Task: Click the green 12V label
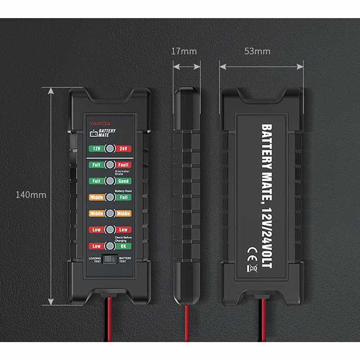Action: pyautogui.click(x=95, y=148)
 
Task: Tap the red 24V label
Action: pyautogui.click(x=123, y=148)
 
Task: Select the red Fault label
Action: pyautogui.click(x=123, y=165)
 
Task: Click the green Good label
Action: pyautogui.click(x=123, y=181)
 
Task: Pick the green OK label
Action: pyautogui.click(x=123, y=246)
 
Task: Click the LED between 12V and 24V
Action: pyautogui.click(x=109, y=148)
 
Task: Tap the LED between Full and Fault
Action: pyautogui.click(x=109, y=165)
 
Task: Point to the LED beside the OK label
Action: pyautogui.click(x=109, y=246)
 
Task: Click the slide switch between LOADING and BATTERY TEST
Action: pyautogui.click(x=109, y=259)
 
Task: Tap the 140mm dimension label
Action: pyautogui.click(x=31, y=195)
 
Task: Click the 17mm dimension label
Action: pyautogui.click(x=184, y=51)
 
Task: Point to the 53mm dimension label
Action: pyautogui.click(x=257, y=51)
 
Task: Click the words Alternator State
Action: pyautogui.click(x=122, y=173)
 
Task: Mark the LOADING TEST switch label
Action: pyautogui.click(x=95, y=260)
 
